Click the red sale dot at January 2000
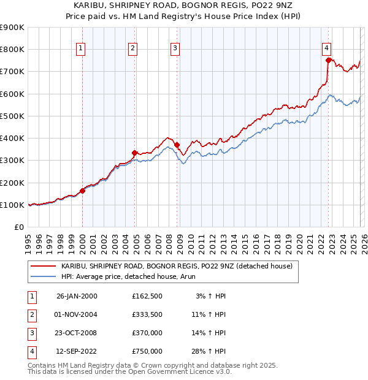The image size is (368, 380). tap(82, 191)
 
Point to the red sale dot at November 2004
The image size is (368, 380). tap(134, 153)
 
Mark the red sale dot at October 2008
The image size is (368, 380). tap(177, 145)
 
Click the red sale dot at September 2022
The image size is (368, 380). tap(329, 60)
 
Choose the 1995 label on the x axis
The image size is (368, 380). tap(28, 242)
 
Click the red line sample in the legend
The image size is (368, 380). tap(43, 267)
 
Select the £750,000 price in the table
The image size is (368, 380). tap(147, 352)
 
